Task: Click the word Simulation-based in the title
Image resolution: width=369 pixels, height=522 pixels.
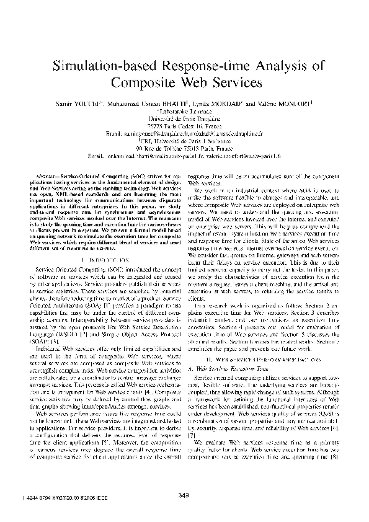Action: [x=100, y=65]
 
